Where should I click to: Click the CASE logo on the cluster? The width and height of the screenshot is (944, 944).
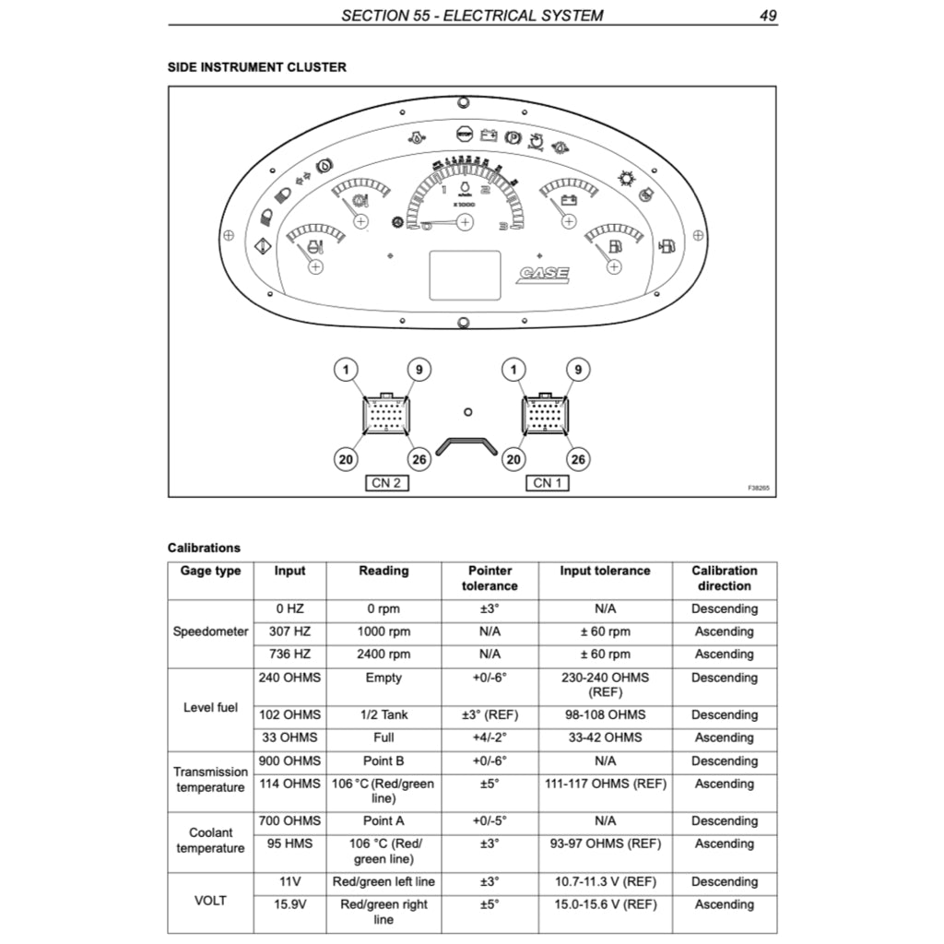544,274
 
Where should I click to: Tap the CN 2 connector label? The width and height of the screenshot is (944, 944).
386,483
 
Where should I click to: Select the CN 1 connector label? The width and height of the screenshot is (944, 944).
548,483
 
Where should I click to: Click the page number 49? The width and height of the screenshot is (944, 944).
768,16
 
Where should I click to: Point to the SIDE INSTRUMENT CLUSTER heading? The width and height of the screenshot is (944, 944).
257,67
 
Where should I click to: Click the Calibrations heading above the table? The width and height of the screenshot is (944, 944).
204,548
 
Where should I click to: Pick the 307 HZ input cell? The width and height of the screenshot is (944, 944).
289,631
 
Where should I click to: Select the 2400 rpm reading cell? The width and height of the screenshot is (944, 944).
383,655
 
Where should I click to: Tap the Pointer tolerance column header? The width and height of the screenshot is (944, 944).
490,578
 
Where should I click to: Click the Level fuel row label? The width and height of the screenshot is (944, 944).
210,708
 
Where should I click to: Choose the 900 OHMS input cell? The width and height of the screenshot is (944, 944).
289,761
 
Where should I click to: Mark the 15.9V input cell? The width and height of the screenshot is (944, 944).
289,904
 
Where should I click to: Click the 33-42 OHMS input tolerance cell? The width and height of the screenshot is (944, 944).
605,737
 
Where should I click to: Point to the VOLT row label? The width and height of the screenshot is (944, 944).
210,901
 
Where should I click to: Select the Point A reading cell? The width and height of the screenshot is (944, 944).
383,820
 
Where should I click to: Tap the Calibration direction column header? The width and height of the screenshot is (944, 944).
724,578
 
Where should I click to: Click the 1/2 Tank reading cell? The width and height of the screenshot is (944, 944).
383,714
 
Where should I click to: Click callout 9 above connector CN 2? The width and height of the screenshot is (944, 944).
419,370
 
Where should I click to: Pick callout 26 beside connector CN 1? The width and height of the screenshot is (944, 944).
578,458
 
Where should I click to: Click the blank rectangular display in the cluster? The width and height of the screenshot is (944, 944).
465,275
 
